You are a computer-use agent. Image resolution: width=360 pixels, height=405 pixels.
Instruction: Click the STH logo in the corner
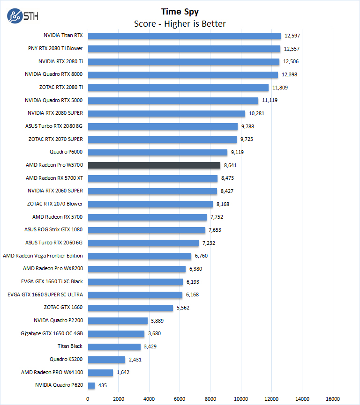[22, 15]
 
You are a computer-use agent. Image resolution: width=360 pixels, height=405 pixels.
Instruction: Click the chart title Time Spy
[180, 11]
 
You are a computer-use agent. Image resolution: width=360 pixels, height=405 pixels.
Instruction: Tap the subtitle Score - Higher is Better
[180, 23]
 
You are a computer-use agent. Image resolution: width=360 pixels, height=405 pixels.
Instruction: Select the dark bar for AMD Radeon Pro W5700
[154, 165]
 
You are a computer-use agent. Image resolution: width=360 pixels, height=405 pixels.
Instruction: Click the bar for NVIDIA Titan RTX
[184, 36]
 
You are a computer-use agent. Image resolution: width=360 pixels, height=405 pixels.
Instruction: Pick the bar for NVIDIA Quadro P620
[91, 385]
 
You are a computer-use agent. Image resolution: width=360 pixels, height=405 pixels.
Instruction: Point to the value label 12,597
[291, 36]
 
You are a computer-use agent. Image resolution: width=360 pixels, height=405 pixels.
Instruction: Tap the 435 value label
[102, 385]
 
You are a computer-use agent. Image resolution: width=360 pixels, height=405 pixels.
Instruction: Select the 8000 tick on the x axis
[210, 399]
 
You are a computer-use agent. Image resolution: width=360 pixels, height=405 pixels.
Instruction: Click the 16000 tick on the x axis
[333, 399]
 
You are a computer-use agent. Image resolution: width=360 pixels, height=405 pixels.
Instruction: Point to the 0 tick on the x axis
[88, 399]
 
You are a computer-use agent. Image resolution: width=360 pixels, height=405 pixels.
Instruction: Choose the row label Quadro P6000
[66, 152]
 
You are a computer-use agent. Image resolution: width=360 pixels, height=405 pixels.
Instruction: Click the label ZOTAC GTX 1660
[63, 307]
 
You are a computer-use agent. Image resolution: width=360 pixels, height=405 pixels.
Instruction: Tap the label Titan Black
[70, 346]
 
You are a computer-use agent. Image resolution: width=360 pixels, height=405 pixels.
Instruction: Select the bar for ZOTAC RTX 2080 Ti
[178, 87]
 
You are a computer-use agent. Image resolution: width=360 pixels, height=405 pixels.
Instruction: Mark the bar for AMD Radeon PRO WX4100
[100, 372]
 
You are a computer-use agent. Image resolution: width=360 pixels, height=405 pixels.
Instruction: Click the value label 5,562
[184, 307]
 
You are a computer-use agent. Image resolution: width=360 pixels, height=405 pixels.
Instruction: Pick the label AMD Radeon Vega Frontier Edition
[43, 256]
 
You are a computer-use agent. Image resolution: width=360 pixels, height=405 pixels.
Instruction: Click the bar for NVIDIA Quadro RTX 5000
[173, 100]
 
